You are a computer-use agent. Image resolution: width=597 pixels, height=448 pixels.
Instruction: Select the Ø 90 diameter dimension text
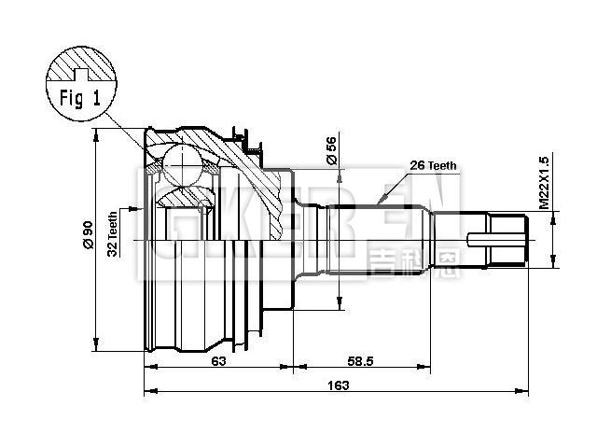(86, 233)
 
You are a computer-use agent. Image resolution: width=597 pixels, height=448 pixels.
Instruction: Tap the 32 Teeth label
(113, 233)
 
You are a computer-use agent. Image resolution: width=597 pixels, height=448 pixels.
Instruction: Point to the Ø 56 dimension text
(331, 150)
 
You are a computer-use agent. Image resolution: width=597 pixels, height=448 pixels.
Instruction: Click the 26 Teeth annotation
(434, 165)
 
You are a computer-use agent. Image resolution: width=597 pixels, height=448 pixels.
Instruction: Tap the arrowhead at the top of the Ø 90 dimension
(96, 136)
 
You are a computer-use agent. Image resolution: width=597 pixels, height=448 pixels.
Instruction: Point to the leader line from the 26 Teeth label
(393, 187)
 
